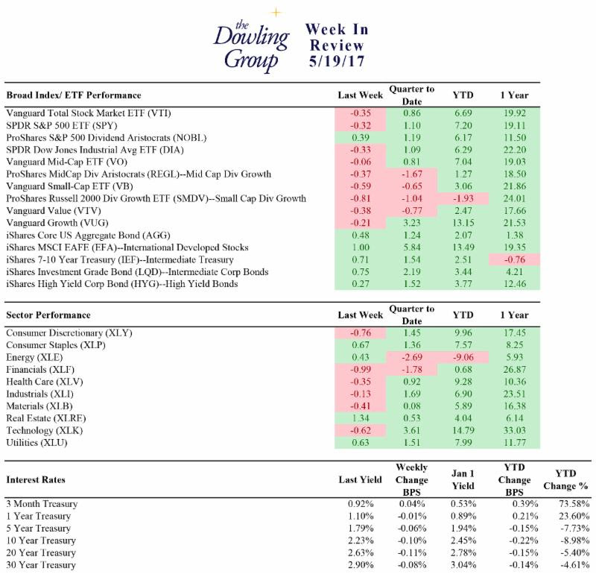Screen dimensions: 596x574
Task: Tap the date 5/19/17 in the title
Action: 337,61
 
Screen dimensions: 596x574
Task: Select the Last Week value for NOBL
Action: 361,138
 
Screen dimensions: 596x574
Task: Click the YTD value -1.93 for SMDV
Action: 463,198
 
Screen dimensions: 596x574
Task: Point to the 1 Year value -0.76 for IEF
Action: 514,259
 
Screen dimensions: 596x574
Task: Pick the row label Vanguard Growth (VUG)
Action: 57,223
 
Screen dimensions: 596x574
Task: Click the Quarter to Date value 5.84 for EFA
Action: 412,247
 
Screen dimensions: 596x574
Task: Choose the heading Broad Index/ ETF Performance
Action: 74,95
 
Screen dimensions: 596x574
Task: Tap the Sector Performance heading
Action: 48,315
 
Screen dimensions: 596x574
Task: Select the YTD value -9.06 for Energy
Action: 463,357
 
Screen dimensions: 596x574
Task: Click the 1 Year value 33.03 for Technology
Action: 515,430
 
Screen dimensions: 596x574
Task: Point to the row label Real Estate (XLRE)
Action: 46,418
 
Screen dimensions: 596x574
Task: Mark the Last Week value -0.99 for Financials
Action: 361,369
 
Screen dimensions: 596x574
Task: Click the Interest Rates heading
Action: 36,479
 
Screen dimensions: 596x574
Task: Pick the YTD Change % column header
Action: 565,479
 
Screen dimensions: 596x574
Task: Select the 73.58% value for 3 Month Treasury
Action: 574,504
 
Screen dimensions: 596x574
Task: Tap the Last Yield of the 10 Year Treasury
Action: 361,540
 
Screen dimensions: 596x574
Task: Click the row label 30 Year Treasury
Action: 41,565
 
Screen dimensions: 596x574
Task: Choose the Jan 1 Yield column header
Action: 463,479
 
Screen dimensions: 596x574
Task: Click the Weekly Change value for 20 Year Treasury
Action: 412,552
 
